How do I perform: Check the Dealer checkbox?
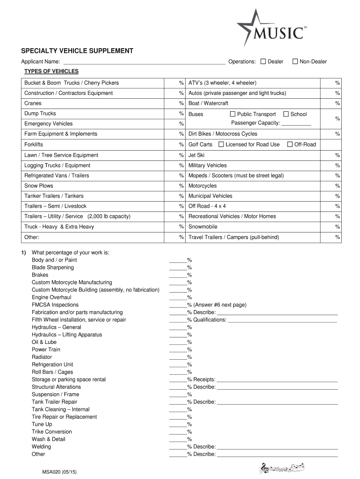[263, 61]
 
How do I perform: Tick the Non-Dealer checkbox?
[295, 61]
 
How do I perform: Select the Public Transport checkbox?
[232, 114]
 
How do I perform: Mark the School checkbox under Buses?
[286, 114]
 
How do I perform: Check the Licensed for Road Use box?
[221, 144]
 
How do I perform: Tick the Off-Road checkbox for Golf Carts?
[290, 144]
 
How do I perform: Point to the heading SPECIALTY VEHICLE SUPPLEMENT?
[77, 51]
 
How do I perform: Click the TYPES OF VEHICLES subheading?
[51, 71]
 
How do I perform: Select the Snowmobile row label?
[203, 226]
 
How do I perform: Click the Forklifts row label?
[34, 145]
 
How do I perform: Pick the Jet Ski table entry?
[196, 155]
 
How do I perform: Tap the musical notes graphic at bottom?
[282, 467]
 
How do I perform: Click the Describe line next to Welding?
[277, 447]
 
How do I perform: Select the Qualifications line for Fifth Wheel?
[282, 320]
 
